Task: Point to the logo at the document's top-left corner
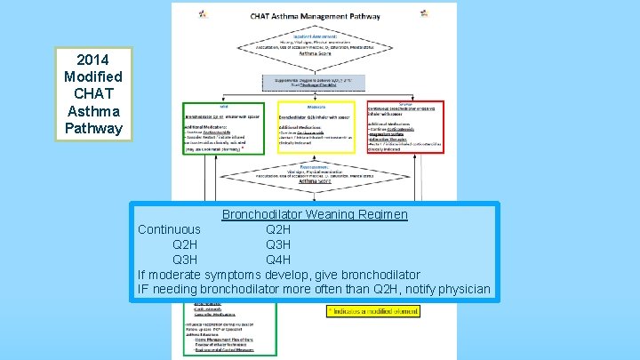[x=202, y=13]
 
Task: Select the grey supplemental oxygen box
[x=314, y=84]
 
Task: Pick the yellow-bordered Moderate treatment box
[x=315, y=127]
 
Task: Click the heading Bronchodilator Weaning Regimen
[x=315, y=214]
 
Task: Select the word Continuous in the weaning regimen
[x=169, y=229]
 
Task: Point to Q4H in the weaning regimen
[x=278, y=260]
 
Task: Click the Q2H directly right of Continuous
[x=278, y=229]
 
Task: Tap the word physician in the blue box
[x=460, y=289]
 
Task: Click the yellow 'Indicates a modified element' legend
[x=373, y=311]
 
